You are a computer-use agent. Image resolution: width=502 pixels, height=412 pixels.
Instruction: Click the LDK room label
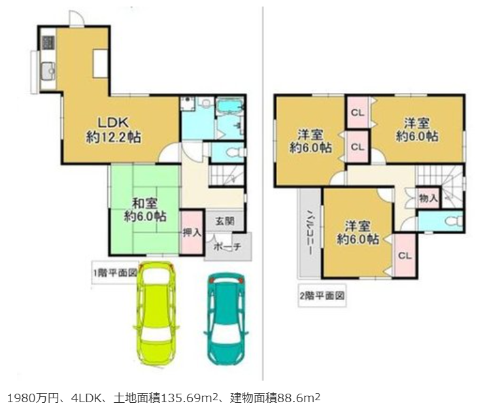click(113, 129)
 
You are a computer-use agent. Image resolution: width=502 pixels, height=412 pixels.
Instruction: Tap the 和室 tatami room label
click(145, 210)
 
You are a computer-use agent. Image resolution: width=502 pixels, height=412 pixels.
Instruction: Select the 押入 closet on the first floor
click(192, 232)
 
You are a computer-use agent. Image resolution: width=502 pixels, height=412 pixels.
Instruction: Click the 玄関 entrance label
click(224, 221)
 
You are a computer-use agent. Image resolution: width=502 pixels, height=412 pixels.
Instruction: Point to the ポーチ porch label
click(227, 247)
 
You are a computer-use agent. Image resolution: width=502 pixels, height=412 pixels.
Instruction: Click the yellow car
click(156, 313)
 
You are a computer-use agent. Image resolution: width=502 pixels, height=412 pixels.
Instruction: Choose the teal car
click(226, 318)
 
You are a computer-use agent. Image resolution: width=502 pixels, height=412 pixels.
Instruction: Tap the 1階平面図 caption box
click(115, 273)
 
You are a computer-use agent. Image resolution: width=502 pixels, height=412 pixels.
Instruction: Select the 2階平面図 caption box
click(322, 296)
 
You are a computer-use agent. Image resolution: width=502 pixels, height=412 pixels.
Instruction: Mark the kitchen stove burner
click(48, 43)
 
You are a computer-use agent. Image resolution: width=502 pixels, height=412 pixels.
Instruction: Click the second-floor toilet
click(455, 221)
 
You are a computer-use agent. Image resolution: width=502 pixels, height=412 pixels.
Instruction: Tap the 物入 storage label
click(428, 198)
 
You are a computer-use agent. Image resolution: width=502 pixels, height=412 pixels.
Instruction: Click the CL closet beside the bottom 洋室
click(405, 255)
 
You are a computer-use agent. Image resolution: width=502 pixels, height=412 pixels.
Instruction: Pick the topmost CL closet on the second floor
click(358, 112)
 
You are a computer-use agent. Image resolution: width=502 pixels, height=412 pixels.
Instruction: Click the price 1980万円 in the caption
click(33, 398)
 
